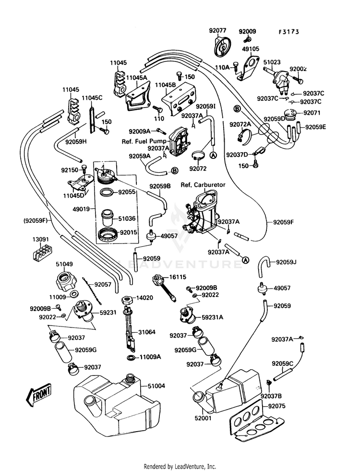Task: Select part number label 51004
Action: pos(156,386)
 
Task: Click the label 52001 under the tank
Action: pos(204,419)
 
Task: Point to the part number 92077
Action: pos(217,31)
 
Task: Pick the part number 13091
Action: pos(41,239)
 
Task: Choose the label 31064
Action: pos(147,332)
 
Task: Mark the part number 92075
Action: pos(277,406)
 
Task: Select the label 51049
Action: pos(64,264)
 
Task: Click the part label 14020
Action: pos(144,298)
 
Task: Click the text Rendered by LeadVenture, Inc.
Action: pos(180,466)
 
